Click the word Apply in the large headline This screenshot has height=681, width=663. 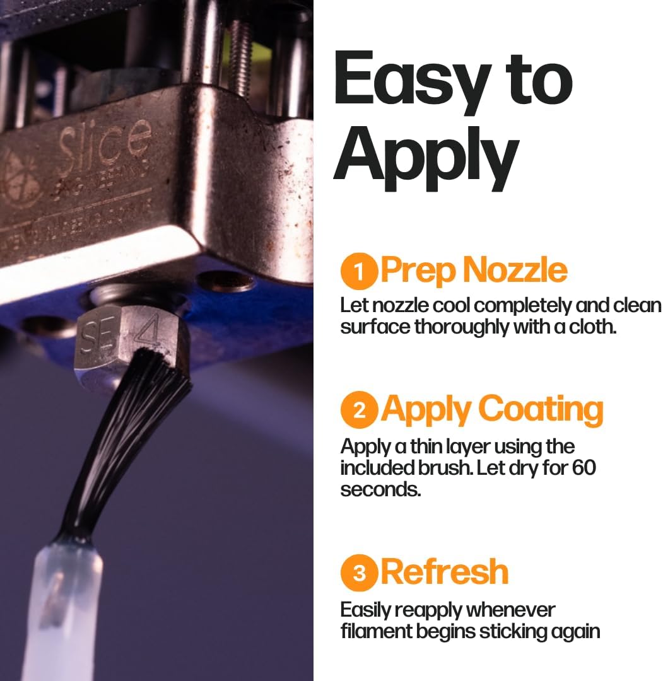pos(426,154)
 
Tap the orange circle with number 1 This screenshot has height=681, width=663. pos(359,272)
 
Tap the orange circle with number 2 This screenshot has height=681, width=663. pos(359,410)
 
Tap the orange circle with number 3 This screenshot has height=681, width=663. pos(359,573)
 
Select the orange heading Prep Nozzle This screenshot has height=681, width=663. pos(474,271)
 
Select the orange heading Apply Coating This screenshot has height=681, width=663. pos(492,409)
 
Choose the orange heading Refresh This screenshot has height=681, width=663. pos(445,571)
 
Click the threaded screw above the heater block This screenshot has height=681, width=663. pos(240,47)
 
